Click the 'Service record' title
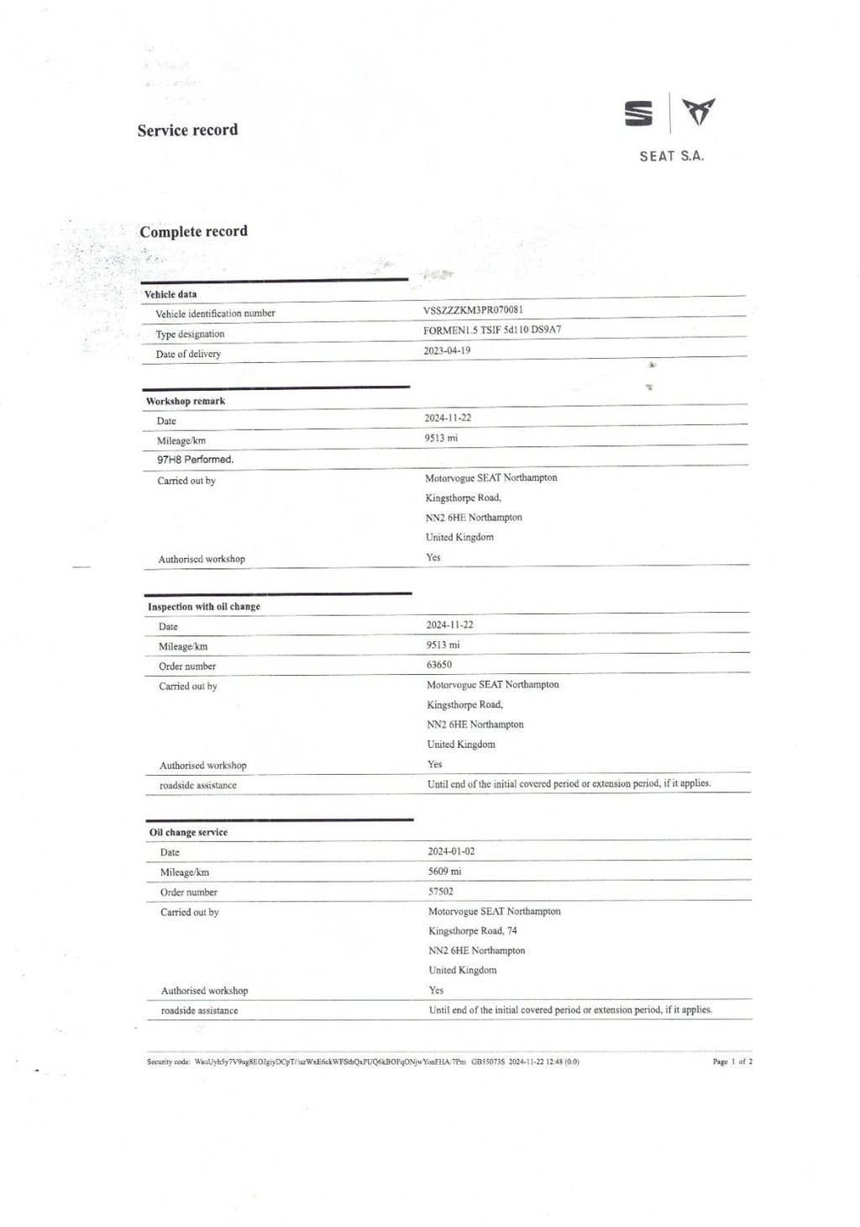(187, 130)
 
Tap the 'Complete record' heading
(193, 231)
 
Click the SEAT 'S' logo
(638, 113)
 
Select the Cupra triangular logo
(699, 112)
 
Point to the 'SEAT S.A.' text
(671, 155)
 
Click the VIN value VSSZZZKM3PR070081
(474, 309)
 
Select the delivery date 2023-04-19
(447, 350)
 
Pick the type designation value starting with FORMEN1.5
(492, 329)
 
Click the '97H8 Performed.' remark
(195, 460)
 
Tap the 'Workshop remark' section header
(186, 401)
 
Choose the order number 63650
(439, 664)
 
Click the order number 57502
(441, 891)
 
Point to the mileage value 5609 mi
(444, 872)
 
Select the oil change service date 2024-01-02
(451, 851)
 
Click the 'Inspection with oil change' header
(204, 606)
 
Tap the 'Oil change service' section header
(188, 832)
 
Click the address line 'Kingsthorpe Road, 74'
(473, 930)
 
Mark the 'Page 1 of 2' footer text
(732, 1061)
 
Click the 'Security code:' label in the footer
(168, 1061)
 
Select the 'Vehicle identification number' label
(215, 313)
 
